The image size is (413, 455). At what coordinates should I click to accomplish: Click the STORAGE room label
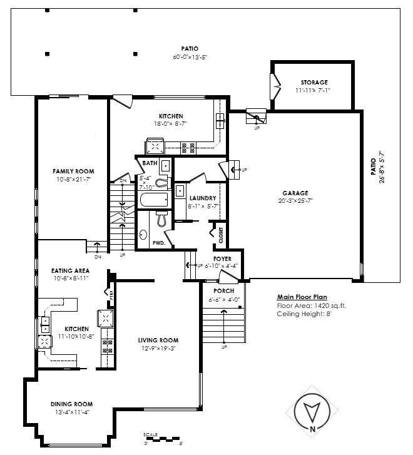click(314, 82)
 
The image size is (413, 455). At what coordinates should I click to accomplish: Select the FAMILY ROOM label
click(73, 171)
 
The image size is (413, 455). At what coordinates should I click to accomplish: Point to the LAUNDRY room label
click(202, 198)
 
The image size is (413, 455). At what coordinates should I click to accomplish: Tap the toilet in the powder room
click(160, 218)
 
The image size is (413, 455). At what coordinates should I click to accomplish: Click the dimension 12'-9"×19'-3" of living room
click(158, 349)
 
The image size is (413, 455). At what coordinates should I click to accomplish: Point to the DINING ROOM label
click(71, 404)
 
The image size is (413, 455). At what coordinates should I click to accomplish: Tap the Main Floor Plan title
click(302, 297)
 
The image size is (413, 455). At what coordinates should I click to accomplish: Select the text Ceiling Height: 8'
click(303, 314)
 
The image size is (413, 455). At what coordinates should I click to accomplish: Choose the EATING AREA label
click(70, 270)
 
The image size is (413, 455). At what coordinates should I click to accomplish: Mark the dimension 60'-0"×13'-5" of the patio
click(190, 57)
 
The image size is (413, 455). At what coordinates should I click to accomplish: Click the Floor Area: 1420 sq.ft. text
click(311, 305)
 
